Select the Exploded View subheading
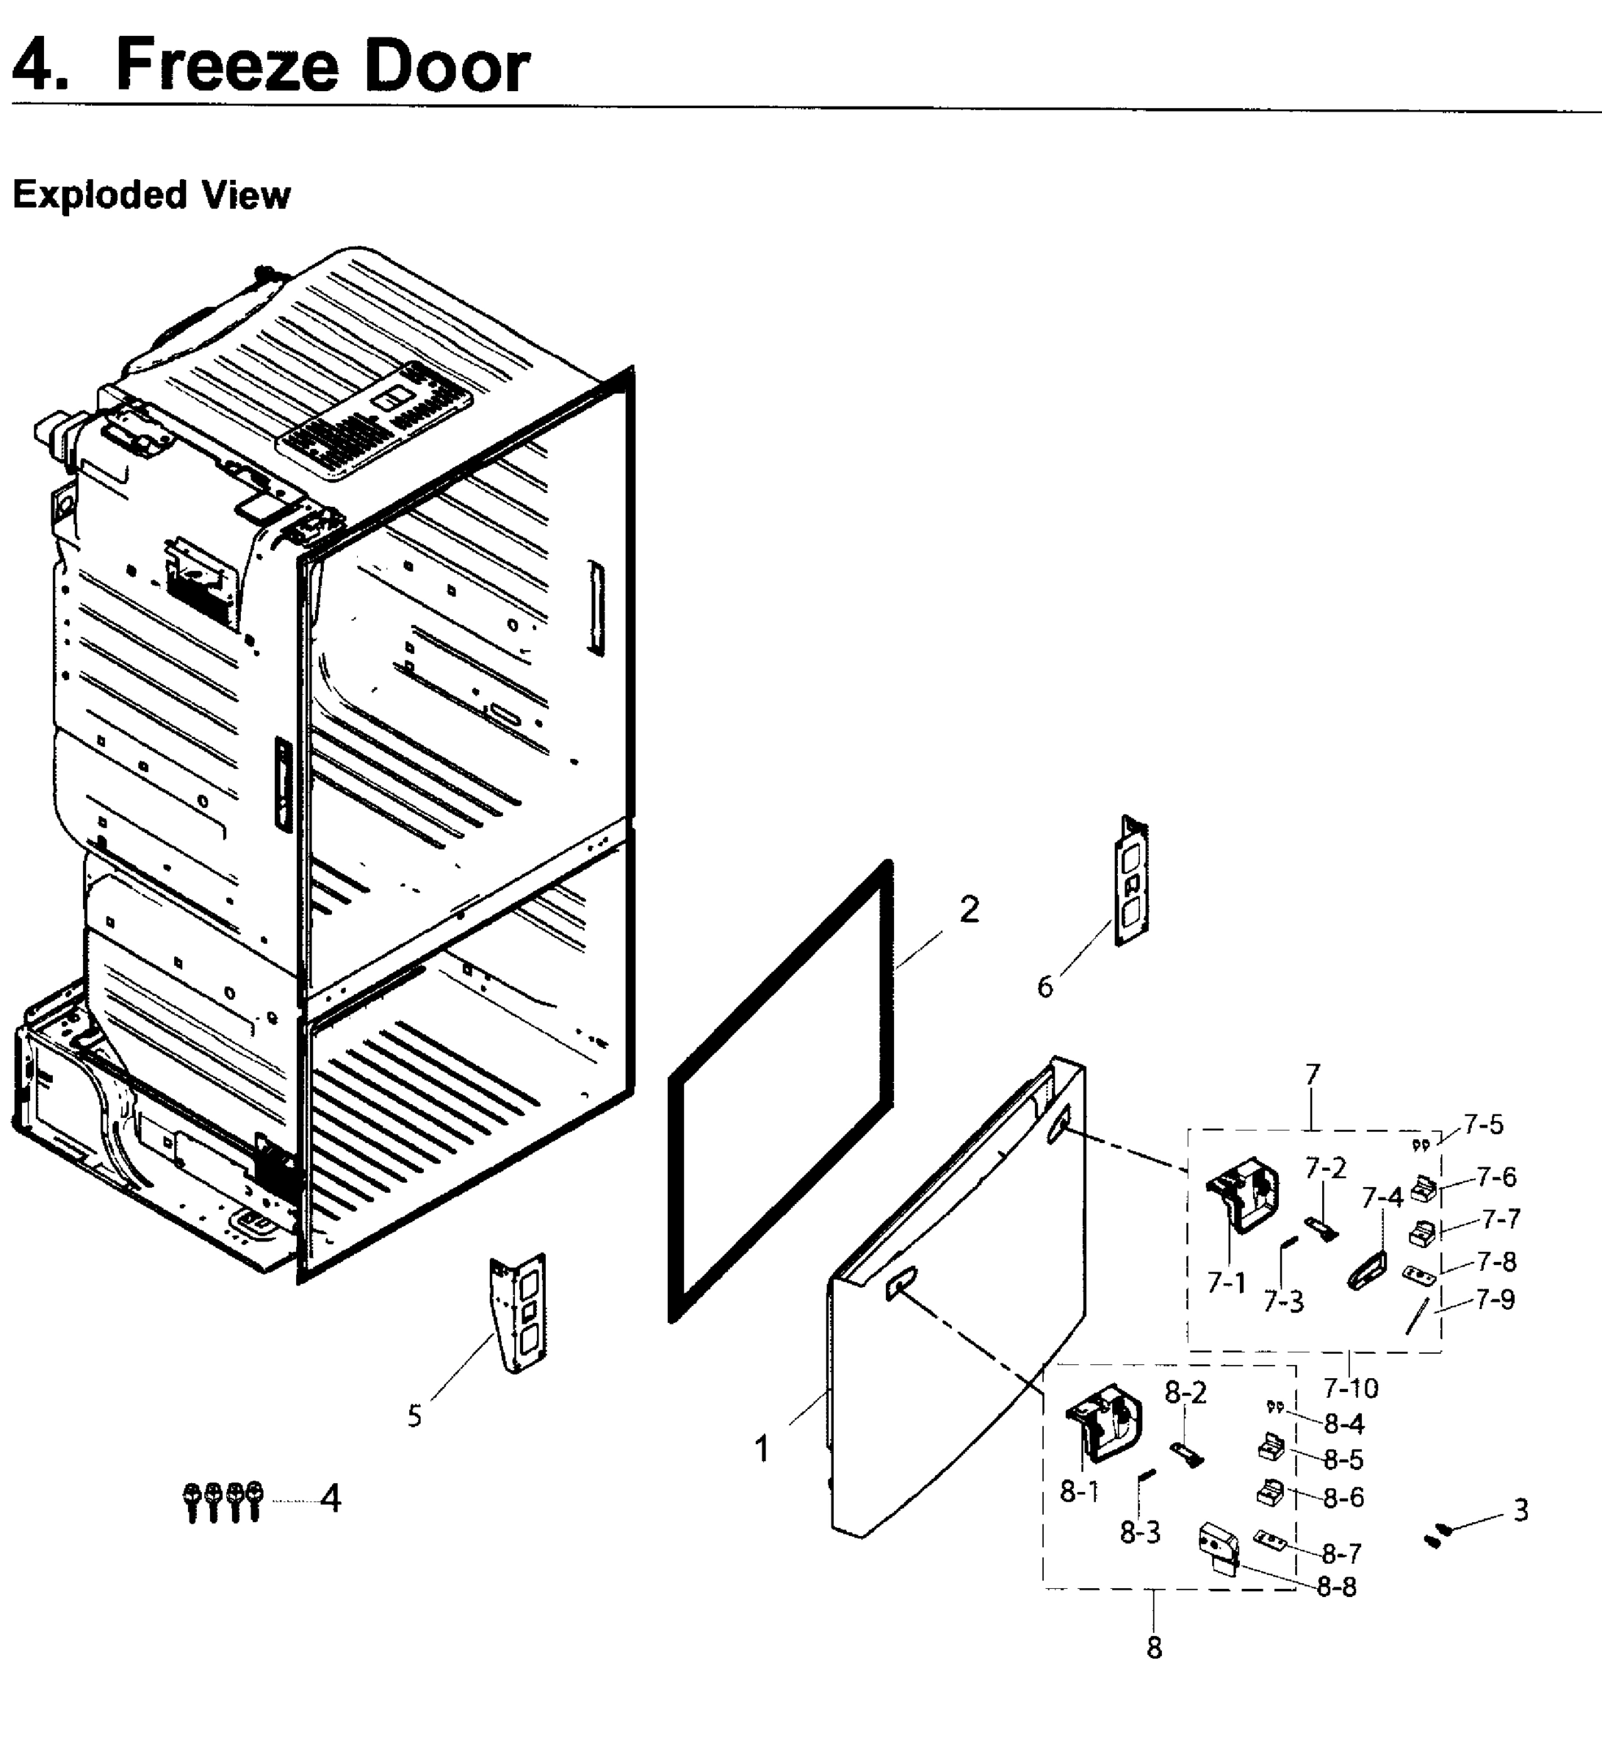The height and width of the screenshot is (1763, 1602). coord(151,194)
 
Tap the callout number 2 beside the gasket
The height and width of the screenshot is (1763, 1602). coord(969,910)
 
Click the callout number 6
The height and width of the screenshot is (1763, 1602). coord(1045,987)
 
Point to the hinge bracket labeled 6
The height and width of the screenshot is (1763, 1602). coord(1132,881)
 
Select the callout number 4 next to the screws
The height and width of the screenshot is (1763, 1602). coord(331,1499)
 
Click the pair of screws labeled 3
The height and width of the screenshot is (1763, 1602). coord(1437,1535)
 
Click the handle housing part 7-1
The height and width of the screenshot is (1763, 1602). coord(1244,1194)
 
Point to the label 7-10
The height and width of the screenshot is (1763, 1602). coord(1350,1388)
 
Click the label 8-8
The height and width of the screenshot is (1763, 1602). coord(1336,1587)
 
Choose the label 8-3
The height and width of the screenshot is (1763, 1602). coord(1140,1532)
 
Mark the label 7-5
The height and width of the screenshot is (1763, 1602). coord(1484,1125)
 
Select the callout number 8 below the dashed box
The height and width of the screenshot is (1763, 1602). coord(1154,1648)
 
